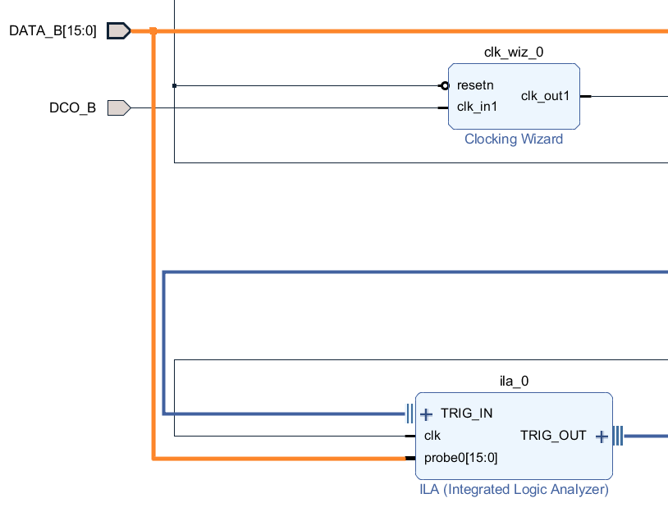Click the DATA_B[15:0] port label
pos(53,31)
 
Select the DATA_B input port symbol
pos(118,31)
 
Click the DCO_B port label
pos(72,107)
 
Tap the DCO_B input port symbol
pos(118,107)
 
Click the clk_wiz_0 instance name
pos(514,53)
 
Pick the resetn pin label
pos(475,85)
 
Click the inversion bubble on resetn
pos(445,85)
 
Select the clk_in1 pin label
pos(478,106)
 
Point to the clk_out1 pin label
pos(545,96)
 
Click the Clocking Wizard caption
pos(514,139)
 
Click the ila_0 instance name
pos(514,381)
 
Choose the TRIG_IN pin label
pos(466,413)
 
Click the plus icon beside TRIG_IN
pos(426,414)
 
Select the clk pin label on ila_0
pos(432,436)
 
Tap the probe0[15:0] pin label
pos(460,457)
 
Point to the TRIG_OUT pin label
pos(553,436)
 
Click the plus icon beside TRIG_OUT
pos(602,437)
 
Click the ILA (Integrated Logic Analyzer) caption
pos(514,490)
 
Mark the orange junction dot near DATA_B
pos(153,31)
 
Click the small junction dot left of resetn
pos(175,85)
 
